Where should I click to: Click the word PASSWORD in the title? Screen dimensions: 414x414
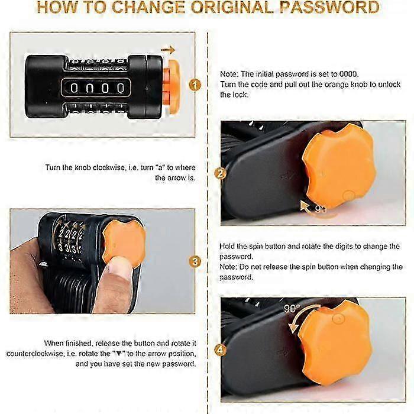click(329, 7)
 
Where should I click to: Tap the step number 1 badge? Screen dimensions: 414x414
click(195, 85)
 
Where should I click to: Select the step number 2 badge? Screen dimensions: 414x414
click(221, 173)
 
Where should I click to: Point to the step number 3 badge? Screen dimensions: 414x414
click(195, 261)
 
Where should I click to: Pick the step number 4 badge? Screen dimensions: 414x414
click(221, 350)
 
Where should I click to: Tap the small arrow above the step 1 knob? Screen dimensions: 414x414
click(168, 49)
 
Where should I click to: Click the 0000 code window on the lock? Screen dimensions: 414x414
click(96, 88)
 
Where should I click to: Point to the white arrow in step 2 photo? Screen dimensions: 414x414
click(305, 206)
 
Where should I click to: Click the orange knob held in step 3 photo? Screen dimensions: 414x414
click(124, 243)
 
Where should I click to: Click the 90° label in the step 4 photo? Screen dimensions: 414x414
click(292, 308)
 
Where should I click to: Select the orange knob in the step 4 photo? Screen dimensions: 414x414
click(335, 342)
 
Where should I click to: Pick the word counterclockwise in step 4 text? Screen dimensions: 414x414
click(34, 354)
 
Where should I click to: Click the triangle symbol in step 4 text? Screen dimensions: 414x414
click(119, 354)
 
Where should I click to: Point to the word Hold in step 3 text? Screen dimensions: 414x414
click(227, 247)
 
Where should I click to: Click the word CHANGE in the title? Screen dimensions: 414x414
click(149, 7)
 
